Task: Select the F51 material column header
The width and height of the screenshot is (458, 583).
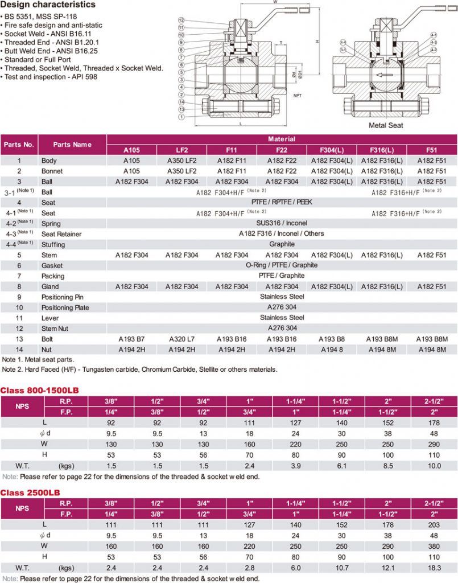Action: tap(432, 150)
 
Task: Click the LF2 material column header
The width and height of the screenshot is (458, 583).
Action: tap(182, 150)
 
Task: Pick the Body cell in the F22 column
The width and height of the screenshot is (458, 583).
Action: tap(282, 161)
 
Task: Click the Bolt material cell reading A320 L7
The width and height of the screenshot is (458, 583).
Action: tap(182, 339)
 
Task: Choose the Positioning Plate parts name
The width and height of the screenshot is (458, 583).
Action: tap(66, 307)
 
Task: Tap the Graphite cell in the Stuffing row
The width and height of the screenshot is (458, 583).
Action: tap(282, 244)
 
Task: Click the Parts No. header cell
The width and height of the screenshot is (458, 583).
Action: tap(19, 145)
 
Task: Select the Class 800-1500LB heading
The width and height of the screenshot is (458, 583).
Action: tap(39, 390)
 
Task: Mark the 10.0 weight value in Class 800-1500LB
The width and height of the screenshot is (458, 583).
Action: tap(434, 465)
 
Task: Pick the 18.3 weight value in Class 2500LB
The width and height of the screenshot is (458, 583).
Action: tap(434, 567)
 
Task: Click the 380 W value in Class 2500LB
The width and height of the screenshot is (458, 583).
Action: tap(434, 546)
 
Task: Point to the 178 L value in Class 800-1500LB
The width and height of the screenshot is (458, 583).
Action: tap(434, 422)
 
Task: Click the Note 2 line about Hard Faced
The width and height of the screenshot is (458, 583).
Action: tap(139, 369)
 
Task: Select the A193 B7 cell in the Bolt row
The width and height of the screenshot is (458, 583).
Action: tap(132, 339)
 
